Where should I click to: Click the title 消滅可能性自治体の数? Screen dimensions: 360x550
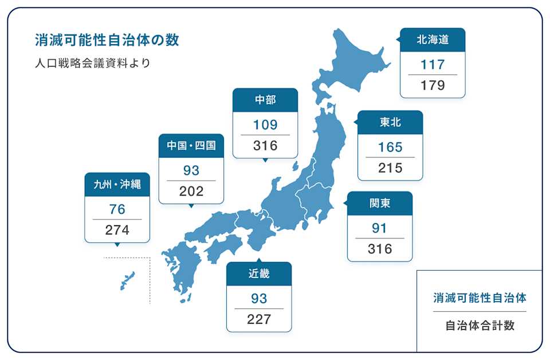click(x=107, y=40)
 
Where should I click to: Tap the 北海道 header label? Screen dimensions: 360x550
click(x=433, y=40)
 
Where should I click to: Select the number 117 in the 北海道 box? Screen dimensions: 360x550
click(x=433, y=64)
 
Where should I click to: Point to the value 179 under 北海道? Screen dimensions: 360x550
click(x=433, y=85)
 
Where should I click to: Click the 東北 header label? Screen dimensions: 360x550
click(x=390, y=122)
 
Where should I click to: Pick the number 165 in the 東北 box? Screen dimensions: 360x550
click(x=390, y=147)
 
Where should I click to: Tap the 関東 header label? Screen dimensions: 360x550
click(x=380, y=204)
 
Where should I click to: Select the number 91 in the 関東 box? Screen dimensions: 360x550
click(x=380, y=228)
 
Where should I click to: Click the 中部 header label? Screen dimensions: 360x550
click(x=265, y=100)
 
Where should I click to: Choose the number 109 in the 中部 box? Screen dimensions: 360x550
click(x=265, y=124)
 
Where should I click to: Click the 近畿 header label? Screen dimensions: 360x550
click(x=259, y=274)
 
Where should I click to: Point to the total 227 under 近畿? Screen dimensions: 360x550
click(x=259, y=319)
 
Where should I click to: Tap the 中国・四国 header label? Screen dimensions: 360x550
click(x=191, y=146)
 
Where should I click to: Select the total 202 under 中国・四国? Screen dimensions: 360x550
click(x=191, y=191)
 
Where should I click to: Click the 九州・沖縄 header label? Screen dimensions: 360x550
click(x=117, y=185)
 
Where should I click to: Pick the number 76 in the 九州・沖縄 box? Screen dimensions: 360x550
click(x=117, y=209)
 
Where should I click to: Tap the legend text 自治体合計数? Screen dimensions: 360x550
click(x=480, y=326)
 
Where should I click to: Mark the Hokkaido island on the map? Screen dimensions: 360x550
click(x=352, y=63)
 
